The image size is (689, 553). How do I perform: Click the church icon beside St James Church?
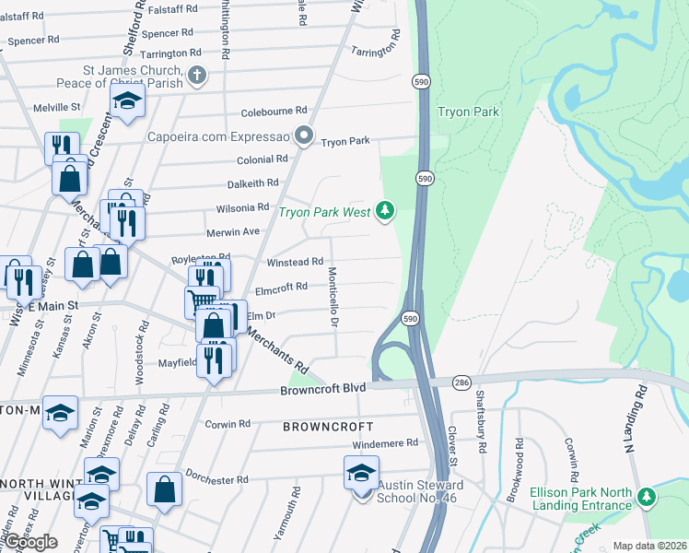click(196, 76)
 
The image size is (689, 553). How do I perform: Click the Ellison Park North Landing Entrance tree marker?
click(647, 498)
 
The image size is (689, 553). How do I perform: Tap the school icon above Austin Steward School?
click(361, 475)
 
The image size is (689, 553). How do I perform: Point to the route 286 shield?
click(462, 382)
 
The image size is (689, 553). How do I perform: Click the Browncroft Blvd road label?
click(322, 390)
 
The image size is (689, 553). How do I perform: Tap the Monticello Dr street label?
click(333, 297)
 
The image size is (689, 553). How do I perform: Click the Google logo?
click(29, 542)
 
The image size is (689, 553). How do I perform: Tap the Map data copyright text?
click(649, 546)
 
